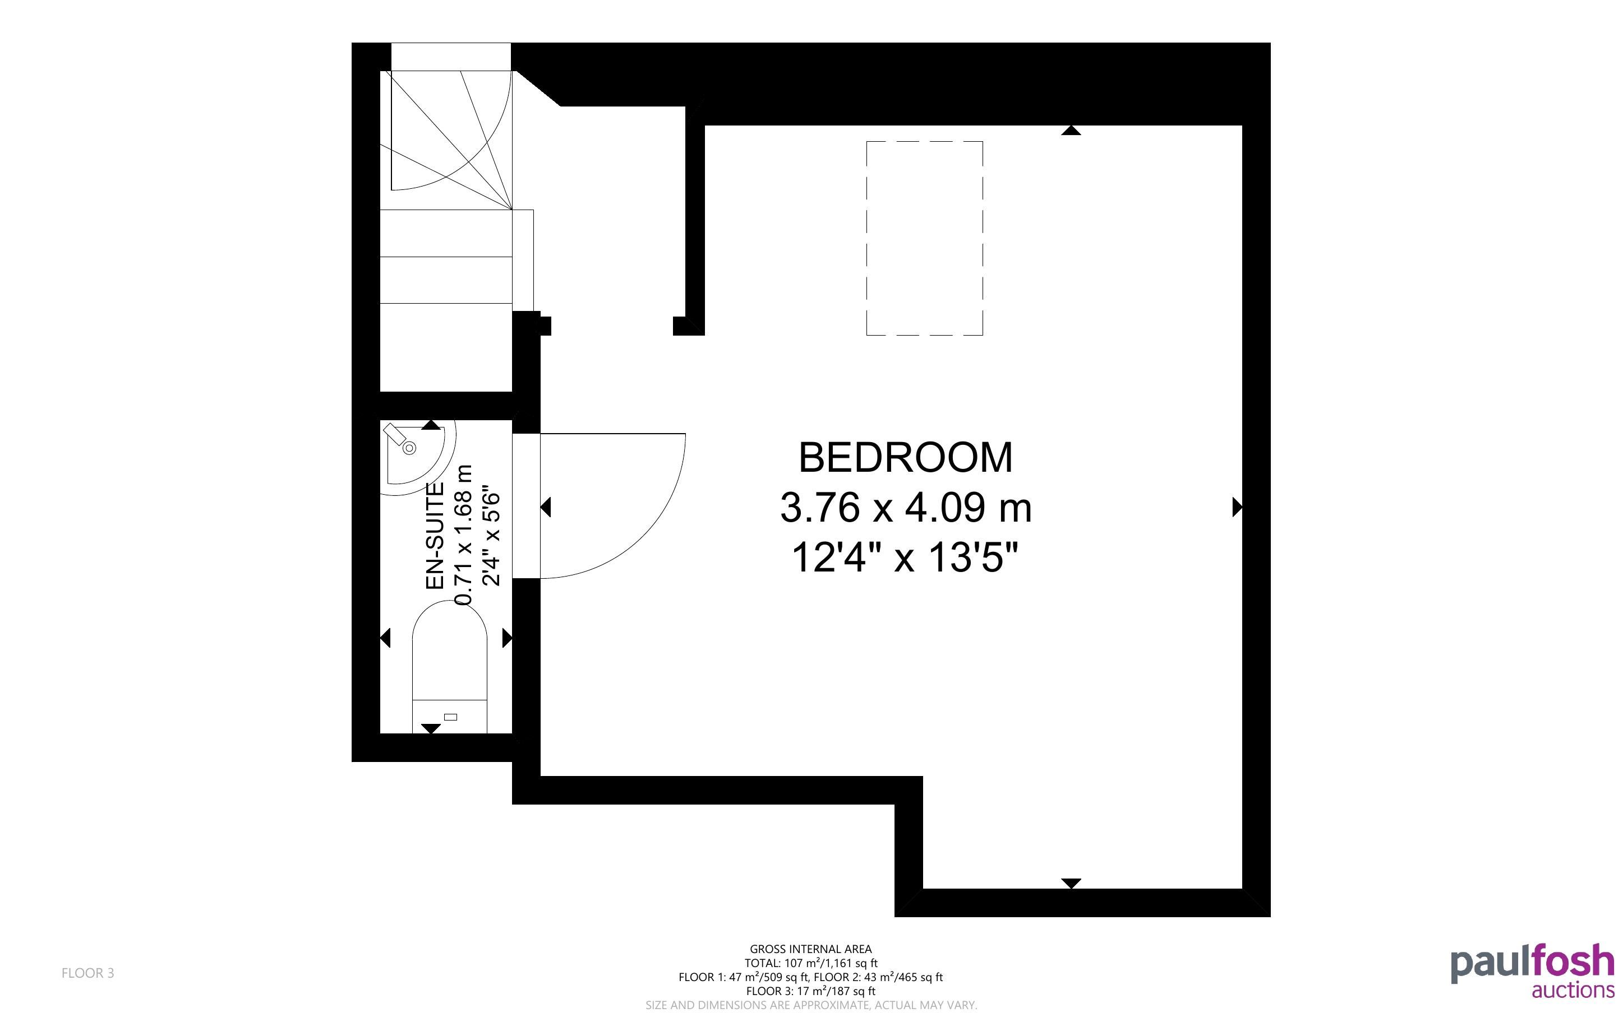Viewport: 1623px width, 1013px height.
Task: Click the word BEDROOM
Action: tap(905, 458)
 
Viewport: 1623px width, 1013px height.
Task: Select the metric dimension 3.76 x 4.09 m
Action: tap(906, 507)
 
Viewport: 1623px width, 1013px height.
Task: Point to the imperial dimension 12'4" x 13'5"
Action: tap(905, 557)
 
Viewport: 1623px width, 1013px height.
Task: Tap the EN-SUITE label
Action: tap(436, 536)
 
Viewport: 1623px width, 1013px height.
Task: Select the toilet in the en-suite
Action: tap(449, 667)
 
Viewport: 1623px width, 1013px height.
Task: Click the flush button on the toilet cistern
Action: tap(450, 717)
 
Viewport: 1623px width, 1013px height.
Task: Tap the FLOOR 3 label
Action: tap(88, 973)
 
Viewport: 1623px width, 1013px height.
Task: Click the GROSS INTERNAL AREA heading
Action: tap(810, 949)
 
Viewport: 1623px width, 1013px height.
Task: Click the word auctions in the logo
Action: tap(1573, 990)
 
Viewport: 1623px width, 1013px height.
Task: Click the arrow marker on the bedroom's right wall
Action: tap(1238, 507)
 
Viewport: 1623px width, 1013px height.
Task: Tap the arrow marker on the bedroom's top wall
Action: tap(1071, 130)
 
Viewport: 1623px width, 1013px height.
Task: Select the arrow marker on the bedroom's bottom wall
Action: tap(1071, 883)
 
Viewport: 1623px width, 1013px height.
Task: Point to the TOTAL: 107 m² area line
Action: tap(810, 963)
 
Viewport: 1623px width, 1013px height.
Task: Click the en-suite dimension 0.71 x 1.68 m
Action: tap(464, 536)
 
